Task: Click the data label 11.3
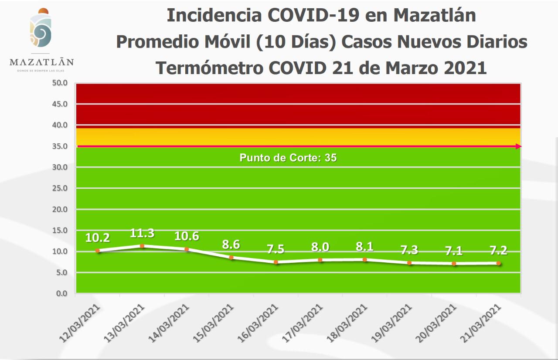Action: pyautogui.click(x=142, y=233)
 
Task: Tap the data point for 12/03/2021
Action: pyautogui.click(x=98, y=251)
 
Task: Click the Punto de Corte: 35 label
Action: pyautogui.click(x=288, y=158)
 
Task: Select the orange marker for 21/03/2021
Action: pyautogui.click(x=498, y=263)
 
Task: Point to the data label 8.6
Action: pyautogui.click(x=231, y=245)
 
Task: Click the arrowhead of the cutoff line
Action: pyautogui.click(x=518, y=146)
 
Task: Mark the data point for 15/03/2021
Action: pyautogui.click(x=231, y=258)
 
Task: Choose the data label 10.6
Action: pyautogui.click(x=187, y=236)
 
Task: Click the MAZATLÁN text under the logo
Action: pyautogui.click(x=42, y=62)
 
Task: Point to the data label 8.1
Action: pyautogui.click(x=365, y=247)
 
